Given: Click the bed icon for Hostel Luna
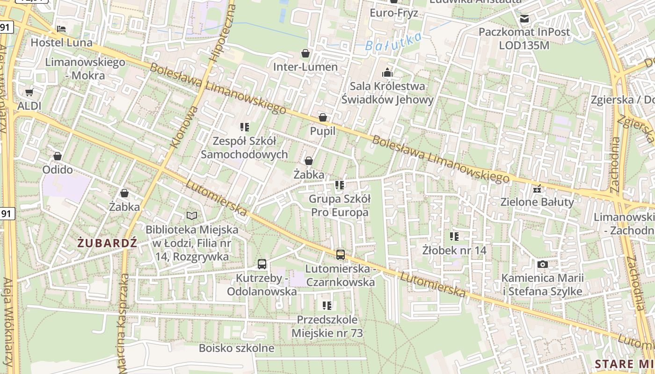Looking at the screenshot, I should point(61,29).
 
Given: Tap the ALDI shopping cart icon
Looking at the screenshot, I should point(29,93).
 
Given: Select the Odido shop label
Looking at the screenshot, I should point(58,170).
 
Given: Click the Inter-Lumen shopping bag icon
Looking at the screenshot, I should point(306,53).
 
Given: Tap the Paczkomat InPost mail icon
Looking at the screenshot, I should point(524,19).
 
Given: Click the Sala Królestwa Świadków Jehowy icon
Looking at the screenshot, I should point(387,72).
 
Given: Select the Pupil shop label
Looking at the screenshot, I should point(323,131).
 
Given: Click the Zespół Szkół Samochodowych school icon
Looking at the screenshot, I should point(244,127).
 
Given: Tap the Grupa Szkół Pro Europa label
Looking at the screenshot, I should point(340,206).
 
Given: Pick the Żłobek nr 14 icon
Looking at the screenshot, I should point(454,237).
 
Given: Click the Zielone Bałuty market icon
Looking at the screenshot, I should point(537,189).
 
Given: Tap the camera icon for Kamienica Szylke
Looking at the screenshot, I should point(542,265).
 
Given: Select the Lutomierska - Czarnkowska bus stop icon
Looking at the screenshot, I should point(341,255).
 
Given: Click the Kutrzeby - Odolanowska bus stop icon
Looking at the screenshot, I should point(262,264).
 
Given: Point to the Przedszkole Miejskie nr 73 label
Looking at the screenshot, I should point(327,327).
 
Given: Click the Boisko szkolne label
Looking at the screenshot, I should point(236,348).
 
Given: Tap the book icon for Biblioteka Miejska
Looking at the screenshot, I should point(192,216).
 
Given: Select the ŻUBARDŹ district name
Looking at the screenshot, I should point(107,243).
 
